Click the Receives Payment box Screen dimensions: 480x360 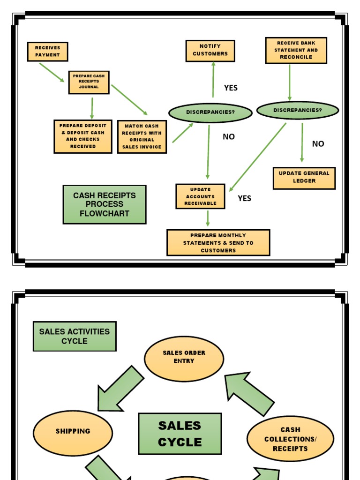[x=47, y=52]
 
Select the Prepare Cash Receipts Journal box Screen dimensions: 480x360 [x=89, y=82]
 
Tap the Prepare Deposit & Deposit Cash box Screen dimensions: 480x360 [x=83, y=136]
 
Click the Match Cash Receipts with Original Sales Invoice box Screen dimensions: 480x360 [x=142, y=136]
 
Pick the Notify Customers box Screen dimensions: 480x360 [x=210, y=51]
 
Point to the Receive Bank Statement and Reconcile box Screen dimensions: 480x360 [x=296, y=50]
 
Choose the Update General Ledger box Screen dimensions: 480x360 [x=304, y=178]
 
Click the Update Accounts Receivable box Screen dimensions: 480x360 [x=200, y=196]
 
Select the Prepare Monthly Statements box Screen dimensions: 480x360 [x=218, y=242]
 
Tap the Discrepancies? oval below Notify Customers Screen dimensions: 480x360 [x=210, y=112]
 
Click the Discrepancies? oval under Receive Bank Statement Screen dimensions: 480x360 [x=297, y=111]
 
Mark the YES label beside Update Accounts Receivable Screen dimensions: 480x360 [x=244, y=198]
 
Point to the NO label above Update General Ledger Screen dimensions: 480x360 [x=318, y=144]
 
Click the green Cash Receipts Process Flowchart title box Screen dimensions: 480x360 [x=105, y=204]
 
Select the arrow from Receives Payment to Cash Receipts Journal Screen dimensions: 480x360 [x=52, y=72]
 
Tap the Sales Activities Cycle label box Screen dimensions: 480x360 [x=75, y=336]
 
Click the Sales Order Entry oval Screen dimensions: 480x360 [x=184, y=359]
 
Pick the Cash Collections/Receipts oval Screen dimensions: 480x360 [x=290, y=439]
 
